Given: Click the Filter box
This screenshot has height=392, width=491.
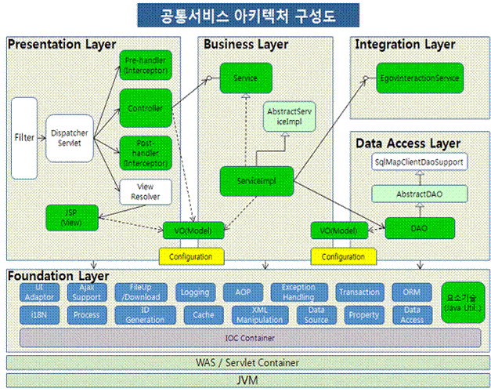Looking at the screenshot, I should tap(24, 137).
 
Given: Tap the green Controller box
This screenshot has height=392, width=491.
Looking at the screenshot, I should tap(144, 107).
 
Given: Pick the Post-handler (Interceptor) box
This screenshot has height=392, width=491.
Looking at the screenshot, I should tap(144, 153).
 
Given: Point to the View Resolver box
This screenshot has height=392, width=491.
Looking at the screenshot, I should tap(144, 192).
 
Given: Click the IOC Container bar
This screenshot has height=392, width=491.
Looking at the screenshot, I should tap(251, 338).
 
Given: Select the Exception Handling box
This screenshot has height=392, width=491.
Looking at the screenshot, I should tap(298, 292).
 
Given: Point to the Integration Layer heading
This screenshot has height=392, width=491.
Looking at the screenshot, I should tap(405, 45).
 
